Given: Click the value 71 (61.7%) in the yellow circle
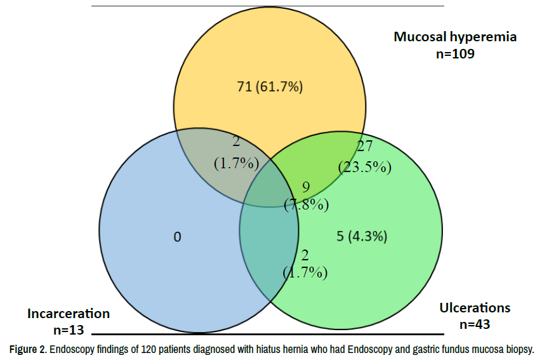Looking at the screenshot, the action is tap(270, 86).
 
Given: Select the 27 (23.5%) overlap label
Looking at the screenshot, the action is tap(365, 157).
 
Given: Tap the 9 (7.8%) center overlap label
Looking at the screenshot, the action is tap(307, 196).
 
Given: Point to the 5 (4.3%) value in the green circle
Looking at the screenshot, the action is tap(362, 237).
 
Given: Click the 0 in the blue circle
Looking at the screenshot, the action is tap(177, 237).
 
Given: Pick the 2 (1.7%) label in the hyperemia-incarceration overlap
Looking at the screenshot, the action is tap(237, 152).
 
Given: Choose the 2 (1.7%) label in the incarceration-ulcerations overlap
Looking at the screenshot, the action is tap(305, 264).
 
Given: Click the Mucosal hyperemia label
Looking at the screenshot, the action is tap(455, 37).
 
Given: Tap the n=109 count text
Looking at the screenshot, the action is tap(455, 54).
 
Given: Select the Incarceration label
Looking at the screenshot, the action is tap(69, 314).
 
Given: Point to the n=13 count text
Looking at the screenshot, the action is tap(69, 330).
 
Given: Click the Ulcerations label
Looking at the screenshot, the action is tap(475, 308).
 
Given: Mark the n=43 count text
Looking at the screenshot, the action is tap(475, 324).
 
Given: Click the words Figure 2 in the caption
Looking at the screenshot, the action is tap(28, 350).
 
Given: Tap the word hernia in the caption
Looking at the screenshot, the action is tap(296, 350).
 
